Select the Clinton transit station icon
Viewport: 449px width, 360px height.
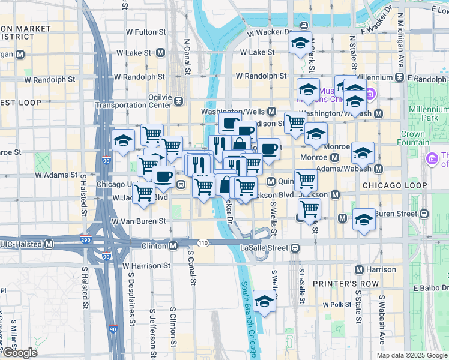pos(173,245)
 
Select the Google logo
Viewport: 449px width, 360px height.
pos(19,353)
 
